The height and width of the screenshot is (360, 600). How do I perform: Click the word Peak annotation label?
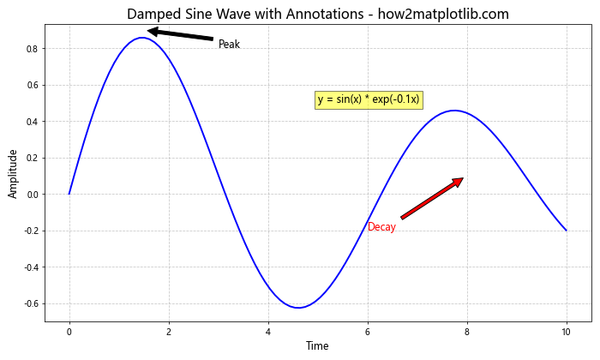click(x=229, y=45)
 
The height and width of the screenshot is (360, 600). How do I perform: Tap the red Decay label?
click(x=381, y=227)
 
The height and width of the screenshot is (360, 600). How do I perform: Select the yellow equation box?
click(x=369, y=99)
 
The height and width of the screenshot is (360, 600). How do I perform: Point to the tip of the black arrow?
click(x=147, y=31)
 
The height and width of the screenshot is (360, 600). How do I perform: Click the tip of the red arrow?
click(x=463, y=178)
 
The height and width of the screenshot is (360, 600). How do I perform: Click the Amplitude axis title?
click(x=13, y=174)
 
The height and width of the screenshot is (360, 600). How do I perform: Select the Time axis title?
click(x=317, y=346)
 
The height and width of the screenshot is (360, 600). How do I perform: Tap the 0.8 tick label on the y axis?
click(x=31, y=49)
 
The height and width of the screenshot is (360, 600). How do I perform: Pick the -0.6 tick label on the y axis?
click(x=29, y=303)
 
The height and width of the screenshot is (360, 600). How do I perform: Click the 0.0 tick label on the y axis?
click(x=31, y=195)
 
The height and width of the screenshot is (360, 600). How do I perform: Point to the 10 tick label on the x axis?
click(x=566, y=332)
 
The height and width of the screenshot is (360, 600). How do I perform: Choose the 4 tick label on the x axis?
click(x=268, y=332)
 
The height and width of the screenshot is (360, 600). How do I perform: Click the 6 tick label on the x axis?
click(x=368, y=332)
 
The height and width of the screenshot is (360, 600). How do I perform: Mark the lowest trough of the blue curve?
click(x=298, y=308)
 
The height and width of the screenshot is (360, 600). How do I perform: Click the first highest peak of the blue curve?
click(x=141, y=38)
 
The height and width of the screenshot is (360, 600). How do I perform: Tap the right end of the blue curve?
click(x=566, y=231)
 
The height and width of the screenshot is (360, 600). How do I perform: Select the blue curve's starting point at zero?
click(x=69, y=194)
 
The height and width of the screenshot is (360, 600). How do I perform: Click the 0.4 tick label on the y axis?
click(x=31, y=122)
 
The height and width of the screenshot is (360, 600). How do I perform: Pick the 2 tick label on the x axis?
click(x=169, y=332)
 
